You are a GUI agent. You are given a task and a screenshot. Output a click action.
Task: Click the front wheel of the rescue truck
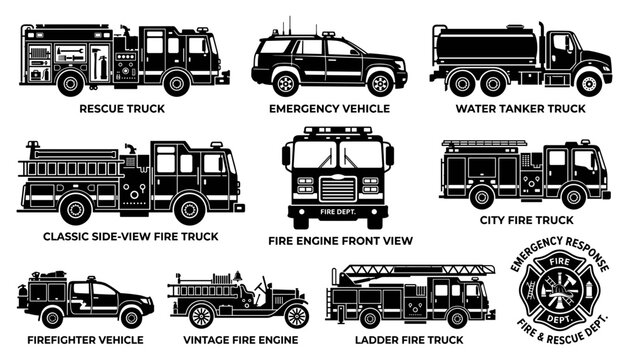point(177,83)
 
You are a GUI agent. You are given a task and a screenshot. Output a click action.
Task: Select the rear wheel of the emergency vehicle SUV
point(286,83)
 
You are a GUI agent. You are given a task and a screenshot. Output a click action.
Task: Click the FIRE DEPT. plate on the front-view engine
point(338,212)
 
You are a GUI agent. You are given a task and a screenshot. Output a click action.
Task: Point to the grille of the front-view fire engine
point(338,189)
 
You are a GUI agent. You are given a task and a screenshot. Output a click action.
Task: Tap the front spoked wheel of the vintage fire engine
point(297,316)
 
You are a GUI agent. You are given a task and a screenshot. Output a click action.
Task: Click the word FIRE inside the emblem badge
point(560,262)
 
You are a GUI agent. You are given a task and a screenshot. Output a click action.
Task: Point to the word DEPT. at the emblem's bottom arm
point(560,319)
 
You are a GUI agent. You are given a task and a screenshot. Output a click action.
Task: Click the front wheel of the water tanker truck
point(589,84)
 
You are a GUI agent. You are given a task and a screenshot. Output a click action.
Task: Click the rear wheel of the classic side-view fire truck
point(76,209)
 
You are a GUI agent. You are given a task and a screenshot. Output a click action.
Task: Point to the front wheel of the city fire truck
point(574,197)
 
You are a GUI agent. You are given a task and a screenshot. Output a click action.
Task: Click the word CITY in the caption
point(491,220)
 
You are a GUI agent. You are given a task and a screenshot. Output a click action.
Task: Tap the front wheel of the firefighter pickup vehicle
point(131,317)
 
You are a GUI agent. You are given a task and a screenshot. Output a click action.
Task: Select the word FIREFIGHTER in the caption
point(57,340)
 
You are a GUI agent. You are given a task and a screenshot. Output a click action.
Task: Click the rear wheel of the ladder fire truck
point(370,318)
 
